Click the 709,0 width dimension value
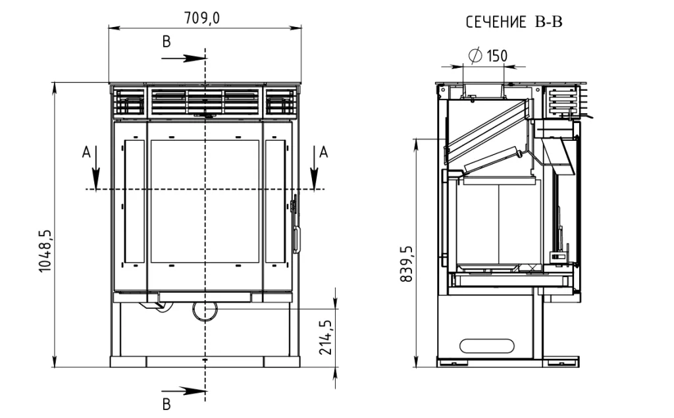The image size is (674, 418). [201, 18]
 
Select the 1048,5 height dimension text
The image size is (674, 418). [45, 251]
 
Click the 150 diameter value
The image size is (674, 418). [497, 55]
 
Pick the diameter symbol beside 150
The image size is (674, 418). [475, 55]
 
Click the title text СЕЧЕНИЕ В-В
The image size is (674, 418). [514, 22]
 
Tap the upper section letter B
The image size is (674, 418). [167, 41]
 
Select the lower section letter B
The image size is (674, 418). [167, 404]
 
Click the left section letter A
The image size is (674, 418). [86, 152]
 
